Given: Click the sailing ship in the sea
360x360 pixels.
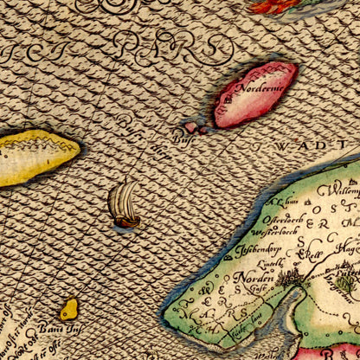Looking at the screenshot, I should coord(124,206).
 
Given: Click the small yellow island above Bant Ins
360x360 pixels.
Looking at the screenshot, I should coord(68,308).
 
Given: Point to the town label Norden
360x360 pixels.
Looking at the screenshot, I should coord(257,278).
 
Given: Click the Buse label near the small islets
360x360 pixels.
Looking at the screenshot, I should coord(180,137).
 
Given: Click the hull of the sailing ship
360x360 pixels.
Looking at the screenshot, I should coord(127,222).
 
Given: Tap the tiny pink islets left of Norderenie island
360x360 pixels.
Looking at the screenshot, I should coord(196,128).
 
